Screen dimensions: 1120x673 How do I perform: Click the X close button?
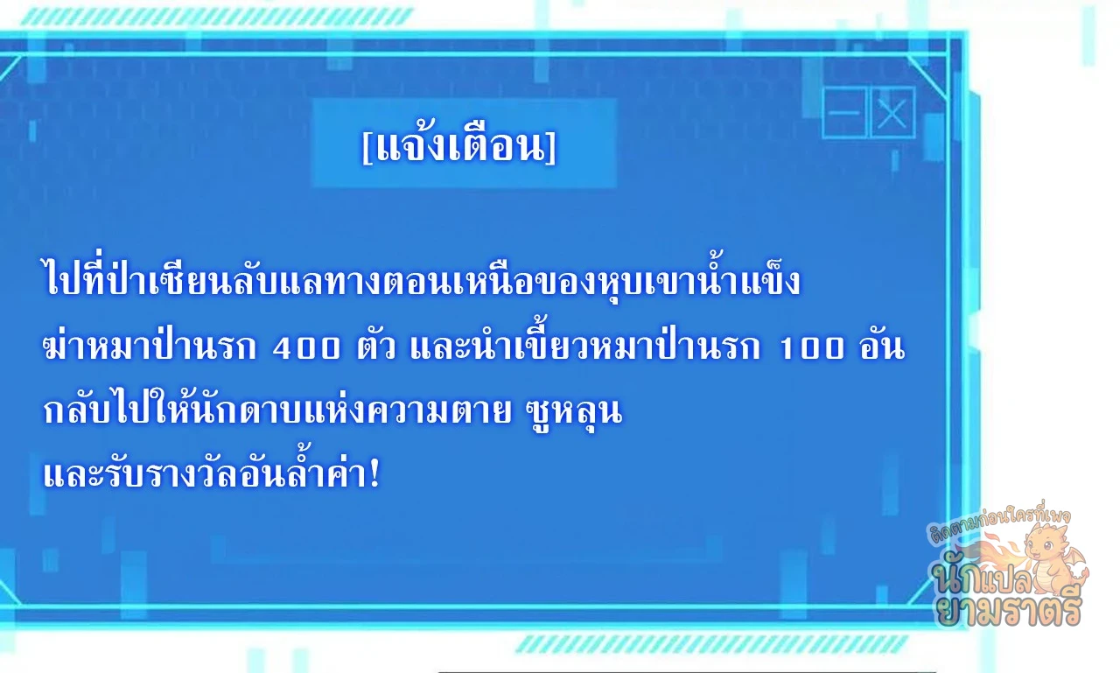tap(892, 113)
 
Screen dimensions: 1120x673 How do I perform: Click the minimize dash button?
tap(844, 113)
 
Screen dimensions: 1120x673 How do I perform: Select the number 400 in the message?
tap(306, 348)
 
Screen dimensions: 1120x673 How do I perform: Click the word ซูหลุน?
tap(575, 413)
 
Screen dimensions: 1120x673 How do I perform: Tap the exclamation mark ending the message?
tap(374, 473)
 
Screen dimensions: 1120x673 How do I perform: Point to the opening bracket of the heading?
tap(367, 148)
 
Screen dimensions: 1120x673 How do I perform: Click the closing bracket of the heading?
tap(551, 148)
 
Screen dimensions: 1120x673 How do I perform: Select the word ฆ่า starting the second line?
tap(66, 345)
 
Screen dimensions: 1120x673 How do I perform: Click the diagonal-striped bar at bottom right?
tap(711, 644)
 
